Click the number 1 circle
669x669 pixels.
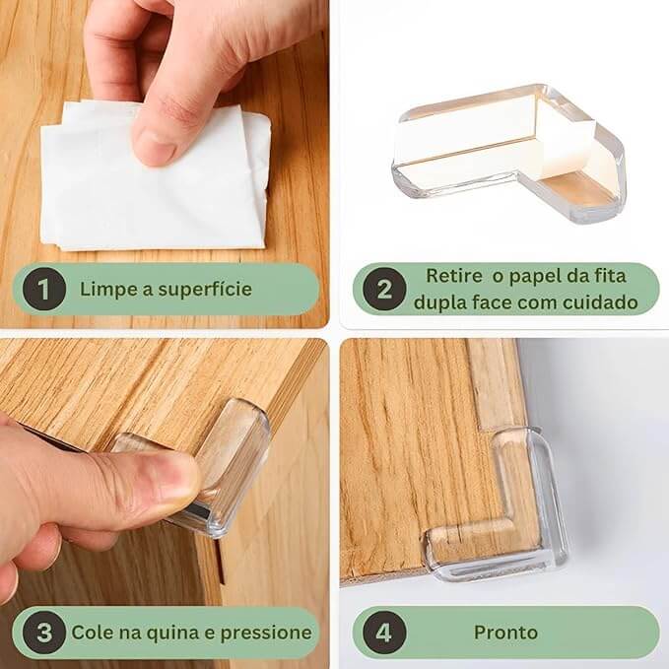44,289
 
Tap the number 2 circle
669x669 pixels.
384,289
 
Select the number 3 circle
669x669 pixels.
44,633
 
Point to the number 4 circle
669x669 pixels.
384,633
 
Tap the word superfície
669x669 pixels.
205,290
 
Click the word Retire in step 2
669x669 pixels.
454,276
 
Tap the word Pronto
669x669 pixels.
505,633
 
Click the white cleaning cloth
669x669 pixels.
155,179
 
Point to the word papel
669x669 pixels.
534,277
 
